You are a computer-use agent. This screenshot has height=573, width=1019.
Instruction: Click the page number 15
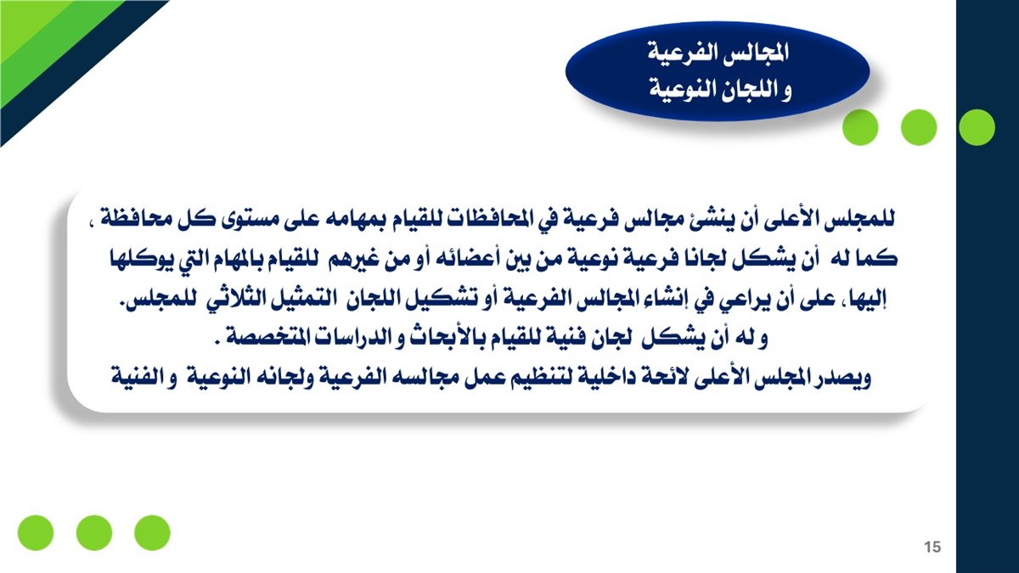(x=932, y=547)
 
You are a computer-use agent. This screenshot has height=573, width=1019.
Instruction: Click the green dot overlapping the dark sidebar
(x=977, y=127)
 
